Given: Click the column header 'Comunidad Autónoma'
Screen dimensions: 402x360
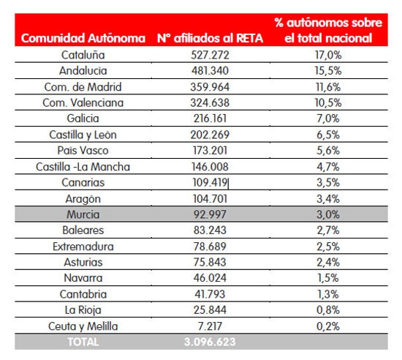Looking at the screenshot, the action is pos(83,38).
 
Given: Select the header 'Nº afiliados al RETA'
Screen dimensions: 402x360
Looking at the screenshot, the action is pos(210,38).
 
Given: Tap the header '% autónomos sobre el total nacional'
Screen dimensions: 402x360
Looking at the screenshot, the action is pos(328,30).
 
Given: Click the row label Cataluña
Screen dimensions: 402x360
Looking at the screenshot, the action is pos(83,55).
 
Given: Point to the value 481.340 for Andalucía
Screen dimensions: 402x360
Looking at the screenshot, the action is pos(210,70).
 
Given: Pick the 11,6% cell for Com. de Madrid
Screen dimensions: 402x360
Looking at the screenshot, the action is pos(328,87).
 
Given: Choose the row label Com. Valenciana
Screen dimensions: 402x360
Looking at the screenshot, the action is pos(83,102).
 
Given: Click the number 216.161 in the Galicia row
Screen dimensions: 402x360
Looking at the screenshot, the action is pos(210,119).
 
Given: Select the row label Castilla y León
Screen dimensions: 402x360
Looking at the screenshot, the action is pos(83,135).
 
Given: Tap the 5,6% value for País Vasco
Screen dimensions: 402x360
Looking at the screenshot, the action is pos(328,151).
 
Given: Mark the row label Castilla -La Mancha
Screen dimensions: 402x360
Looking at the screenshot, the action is pos(83,167).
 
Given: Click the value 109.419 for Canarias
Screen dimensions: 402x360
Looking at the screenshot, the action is pos(210,182).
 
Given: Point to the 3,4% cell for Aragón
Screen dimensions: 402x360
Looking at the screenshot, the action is pos(328,199).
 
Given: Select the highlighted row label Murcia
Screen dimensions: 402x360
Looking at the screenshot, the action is pos(83,214).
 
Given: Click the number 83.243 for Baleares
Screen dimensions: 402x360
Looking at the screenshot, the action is pos(210,230).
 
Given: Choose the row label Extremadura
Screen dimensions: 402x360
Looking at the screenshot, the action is pos(83,247).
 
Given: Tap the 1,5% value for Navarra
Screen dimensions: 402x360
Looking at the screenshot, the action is pos(328,278).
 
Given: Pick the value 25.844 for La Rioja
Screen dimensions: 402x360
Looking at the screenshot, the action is pos(210,310).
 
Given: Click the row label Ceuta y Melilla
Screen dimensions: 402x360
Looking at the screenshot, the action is pos(83,326).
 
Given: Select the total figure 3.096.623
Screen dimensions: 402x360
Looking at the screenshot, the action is pos(210,342).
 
